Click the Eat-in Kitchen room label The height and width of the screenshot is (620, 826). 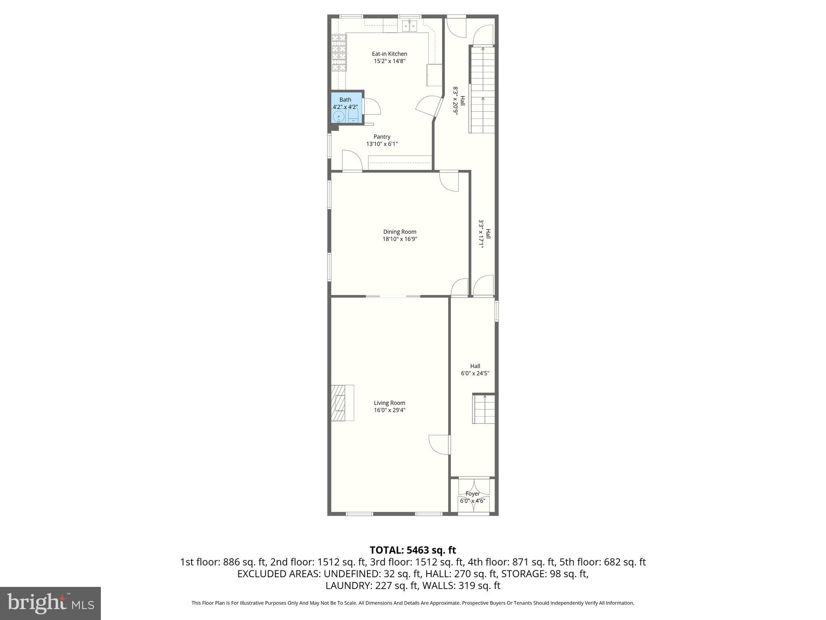389,54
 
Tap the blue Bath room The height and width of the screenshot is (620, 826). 346,107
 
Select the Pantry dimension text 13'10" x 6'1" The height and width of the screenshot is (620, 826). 382,144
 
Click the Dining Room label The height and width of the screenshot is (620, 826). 399,232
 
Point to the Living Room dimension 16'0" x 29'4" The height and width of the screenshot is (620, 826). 389,410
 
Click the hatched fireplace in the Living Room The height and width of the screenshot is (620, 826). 339,403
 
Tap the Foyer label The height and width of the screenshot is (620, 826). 472,494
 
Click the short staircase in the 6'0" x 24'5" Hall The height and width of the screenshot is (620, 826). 484,408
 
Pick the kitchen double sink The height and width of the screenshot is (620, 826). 409,26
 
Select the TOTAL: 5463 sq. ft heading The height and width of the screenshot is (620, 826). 413,550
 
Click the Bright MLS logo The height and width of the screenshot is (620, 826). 50,603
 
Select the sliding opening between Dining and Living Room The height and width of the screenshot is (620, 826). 393,297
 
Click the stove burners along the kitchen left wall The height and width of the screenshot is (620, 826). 339,52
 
